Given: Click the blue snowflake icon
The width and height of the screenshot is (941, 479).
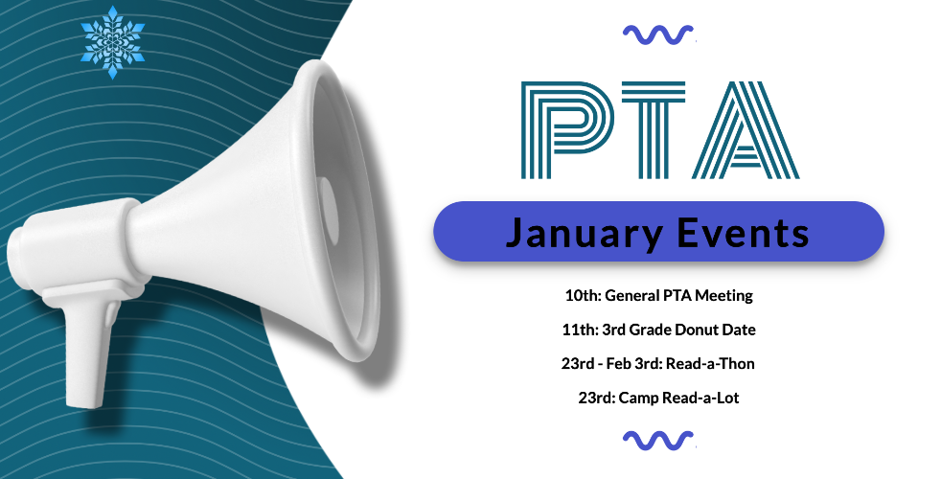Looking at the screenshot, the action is coord(113,42).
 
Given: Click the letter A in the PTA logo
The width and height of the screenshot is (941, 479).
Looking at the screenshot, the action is coord(746,129).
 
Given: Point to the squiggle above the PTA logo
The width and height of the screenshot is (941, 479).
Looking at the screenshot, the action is coord(658,34).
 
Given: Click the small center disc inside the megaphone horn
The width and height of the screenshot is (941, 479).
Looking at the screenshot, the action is coord(329,210).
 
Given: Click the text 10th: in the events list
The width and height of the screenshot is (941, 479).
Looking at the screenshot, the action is coord(583,295).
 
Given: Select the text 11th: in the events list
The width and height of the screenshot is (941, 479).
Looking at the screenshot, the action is coord(581,330).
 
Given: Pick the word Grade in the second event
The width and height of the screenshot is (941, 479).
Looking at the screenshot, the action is coord(650,330).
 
